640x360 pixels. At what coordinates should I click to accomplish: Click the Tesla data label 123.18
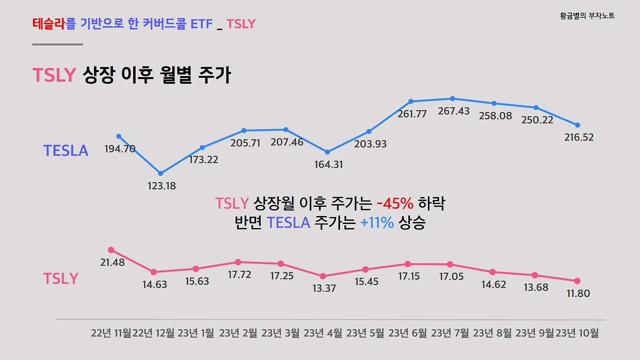[161, 186]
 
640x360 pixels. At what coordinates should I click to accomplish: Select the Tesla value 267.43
[453, 111]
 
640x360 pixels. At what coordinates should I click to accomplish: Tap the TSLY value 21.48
[112, 262]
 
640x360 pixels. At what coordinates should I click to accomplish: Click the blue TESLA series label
[65, 150]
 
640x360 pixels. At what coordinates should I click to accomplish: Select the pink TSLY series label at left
[60, 278]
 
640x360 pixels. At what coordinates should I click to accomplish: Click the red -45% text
[394, 203]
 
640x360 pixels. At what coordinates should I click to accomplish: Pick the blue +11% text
[377, 222]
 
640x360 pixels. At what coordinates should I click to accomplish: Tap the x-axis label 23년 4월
[323, 333]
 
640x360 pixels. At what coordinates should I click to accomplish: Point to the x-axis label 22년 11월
[111, 333]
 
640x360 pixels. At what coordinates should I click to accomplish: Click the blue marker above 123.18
[160, 173]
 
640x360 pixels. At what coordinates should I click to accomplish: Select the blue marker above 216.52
[577, 125]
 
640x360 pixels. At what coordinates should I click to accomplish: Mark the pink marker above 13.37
[323, 276]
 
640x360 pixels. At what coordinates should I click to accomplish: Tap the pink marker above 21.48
[111, 250]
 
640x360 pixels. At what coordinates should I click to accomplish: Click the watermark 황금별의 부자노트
[587, 16]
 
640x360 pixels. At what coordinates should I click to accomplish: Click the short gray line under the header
[57, 44]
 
